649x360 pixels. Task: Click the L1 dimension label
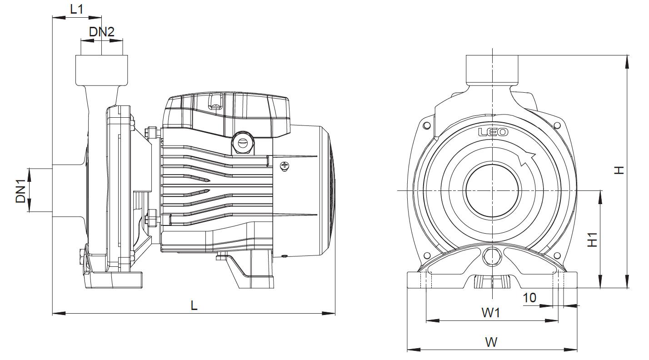point(77,9)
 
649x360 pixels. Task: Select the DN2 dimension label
point(102,32)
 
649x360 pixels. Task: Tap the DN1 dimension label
point(21,191)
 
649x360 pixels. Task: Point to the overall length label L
point(194,305)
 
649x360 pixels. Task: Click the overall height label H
point(619,170)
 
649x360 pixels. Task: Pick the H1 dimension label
point(593,240)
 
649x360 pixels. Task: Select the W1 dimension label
point(491,313)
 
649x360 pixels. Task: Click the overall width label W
point(491,342)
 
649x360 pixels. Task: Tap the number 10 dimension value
point(529,298)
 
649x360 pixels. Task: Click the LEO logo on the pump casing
point(493,132)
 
